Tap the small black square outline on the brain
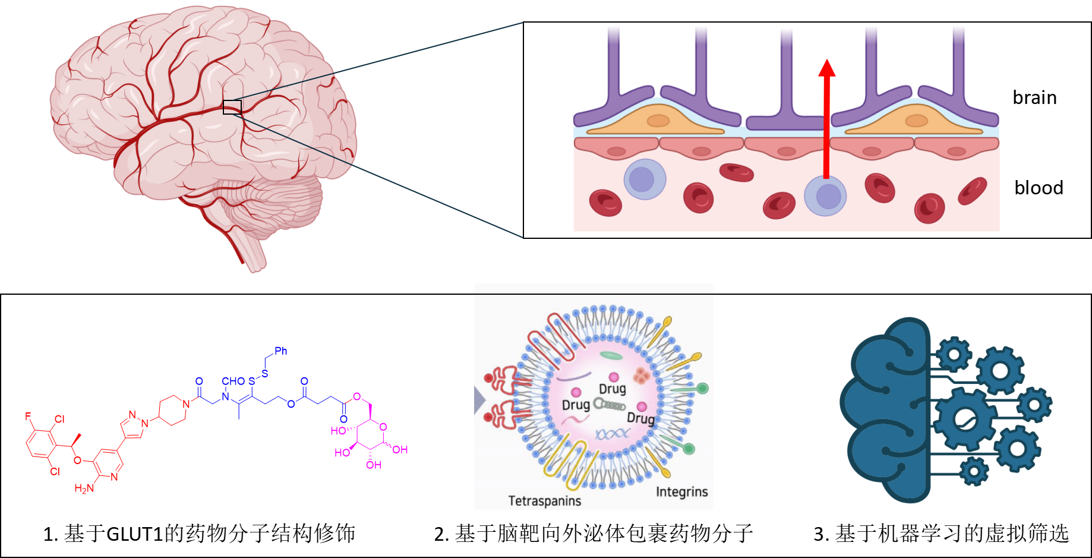point(232,107)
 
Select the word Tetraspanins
point(544,501)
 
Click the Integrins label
point(681,492)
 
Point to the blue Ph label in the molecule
point(281,351)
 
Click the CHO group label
point(233,381)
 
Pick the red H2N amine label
point(84,488)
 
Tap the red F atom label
point(28,417)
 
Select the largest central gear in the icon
point(964,418)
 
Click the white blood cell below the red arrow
point(825,196)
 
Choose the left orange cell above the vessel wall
point(657,121)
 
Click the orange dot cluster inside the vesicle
point(640,376)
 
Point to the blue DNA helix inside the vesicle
point(612,434)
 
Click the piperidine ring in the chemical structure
point(172,410)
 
